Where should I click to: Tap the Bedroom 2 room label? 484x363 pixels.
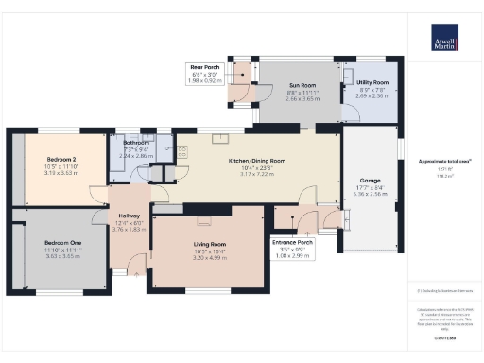60,162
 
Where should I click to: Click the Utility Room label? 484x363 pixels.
372,83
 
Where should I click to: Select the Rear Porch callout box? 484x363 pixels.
206,74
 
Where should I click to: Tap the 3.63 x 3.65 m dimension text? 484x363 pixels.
62,255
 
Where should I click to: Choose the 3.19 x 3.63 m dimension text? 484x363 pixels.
60,173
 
